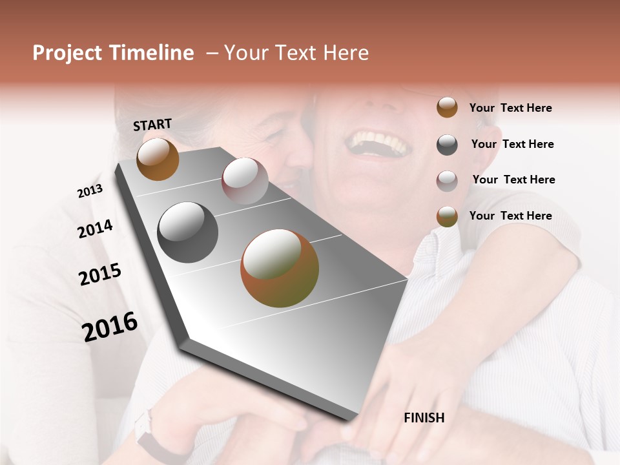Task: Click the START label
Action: (152, 125)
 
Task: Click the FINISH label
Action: (424, 418)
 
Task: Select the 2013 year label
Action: (90, 191)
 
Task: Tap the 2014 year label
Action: (95, 229)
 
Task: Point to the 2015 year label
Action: (99, 274)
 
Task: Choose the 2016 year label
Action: (110, 327)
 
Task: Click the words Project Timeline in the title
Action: (113, 53)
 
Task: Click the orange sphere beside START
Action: (158, 160)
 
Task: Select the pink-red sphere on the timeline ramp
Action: (245, 181)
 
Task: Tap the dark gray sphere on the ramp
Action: (188, 232)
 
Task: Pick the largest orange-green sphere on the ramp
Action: (280, 268)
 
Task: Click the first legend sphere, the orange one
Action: (447, 108)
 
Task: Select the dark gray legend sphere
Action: (447, 145)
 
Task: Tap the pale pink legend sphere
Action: (447, 181)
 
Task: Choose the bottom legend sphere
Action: (447, 217)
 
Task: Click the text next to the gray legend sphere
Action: (512, 144)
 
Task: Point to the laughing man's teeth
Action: (380, 143)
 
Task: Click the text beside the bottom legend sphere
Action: (510, 216)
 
